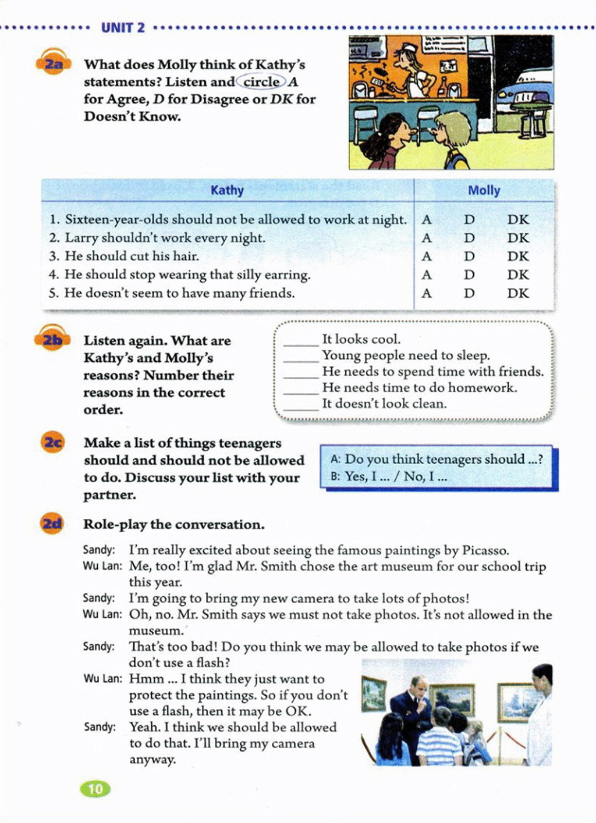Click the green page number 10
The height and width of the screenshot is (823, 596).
coord(95,789)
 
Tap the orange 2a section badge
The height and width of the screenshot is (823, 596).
coord(53,63)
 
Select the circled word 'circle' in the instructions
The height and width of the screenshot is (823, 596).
coord(261,82)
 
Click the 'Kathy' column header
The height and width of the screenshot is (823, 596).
coord(227,190)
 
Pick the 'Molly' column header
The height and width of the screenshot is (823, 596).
coord(484,190)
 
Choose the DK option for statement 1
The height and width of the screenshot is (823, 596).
coord(517,220)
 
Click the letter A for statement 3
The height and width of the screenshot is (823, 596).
coord(427,256)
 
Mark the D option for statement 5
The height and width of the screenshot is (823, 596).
coord(469,293)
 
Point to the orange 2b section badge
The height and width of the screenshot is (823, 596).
coord(52,340)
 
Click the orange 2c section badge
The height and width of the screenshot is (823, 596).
coord(52,443)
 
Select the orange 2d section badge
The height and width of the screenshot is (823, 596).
coord(52,524)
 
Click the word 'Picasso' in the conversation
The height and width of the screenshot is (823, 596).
coord(484,550)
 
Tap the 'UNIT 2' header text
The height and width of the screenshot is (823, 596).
coord(123,27)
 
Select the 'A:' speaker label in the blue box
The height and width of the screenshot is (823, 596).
coord(335,459)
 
